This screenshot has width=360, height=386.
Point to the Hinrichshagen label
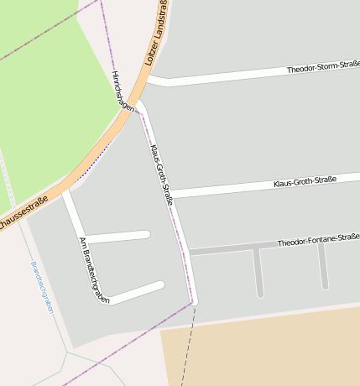[123, 91]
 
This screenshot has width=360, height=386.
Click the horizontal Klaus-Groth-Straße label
[305, 181]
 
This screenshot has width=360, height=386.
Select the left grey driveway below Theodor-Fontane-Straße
[258, 273]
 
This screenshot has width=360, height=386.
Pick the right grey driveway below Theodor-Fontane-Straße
[323, 267]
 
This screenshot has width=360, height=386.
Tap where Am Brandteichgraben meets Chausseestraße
[65, 193]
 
